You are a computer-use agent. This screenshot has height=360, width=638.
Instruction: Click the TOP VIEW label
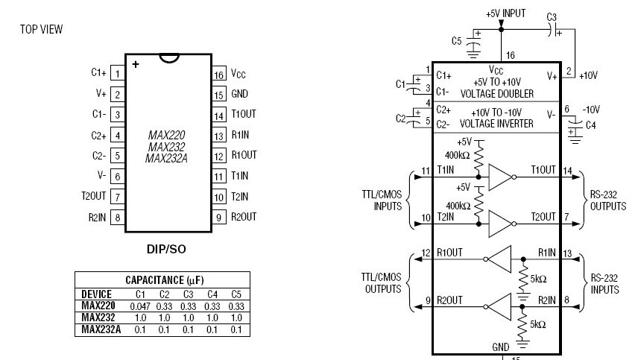(41, 29)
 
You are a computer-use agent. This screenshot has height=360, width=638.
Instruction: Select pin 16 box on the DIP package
(218, 75)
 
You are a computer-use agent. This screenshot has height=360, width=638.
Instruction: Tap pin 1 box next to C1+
(117, 73)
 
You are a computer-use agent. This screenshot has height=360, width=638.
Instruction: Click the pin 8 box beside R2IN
(117, 217)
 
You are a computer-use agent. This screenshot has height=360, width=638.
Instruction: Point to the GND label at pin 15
(239, 95)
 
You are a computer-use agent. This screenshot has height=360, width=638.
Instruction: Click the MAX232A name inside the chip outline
(165, 158)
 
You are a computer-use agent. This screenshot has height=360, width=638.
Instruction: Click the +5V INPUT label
(506, 14)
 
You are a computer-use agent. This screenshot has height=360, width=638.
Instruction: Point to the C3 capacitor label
(552, 16)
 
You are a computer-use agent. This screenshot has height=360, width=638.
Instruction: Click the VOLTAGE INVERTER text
(496, 123)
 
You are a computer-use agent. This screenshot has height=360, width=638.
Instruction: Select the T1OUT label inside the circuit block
(543, 171)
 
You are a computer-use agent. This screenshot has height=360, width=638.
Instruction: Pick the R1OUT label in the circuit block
(450, 253)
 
